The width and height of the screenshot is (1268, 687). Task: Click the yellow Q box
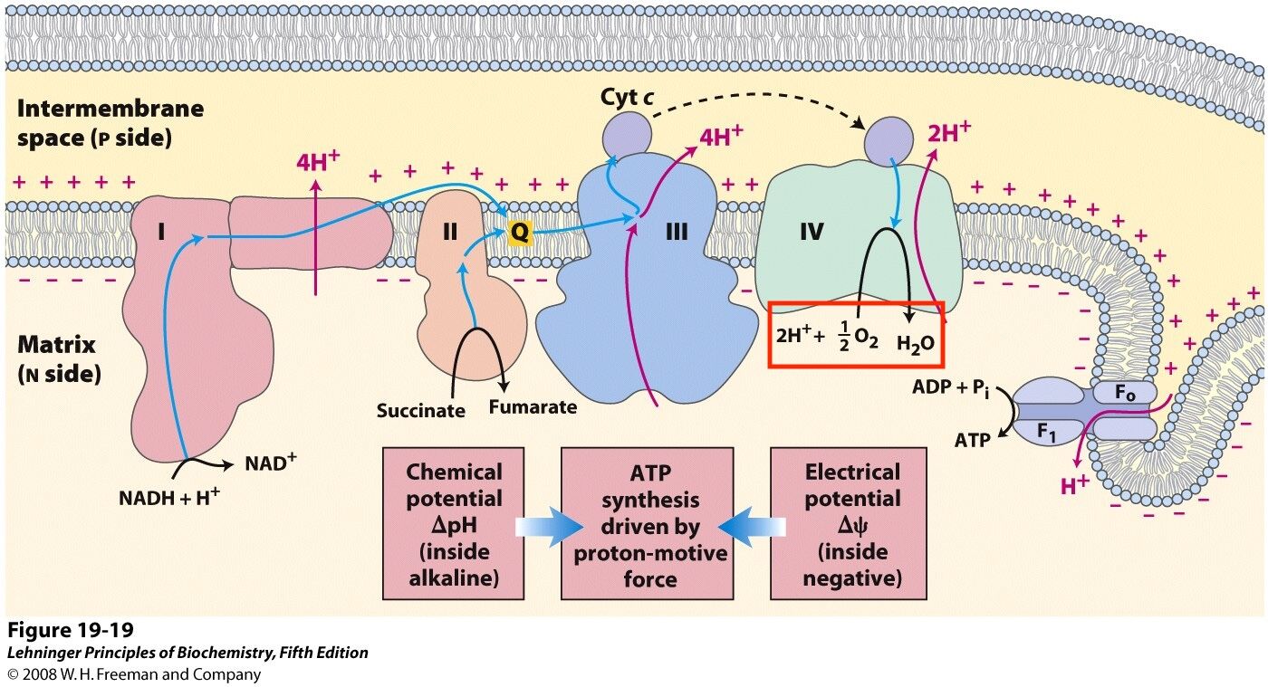tap(520, 231)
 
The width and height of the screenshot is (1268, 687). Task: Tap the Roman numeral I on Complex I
tap(161, 232)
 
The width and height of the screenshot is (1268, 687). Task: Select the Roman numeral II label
tap(450, 232)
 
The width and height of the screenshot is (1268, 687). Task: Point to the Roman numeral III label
tap(677, 232)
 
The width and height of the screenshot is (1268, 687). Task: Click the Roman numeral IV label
tap(812, 232)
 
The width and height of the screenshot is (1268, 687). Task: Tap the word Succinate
tap(420, 410)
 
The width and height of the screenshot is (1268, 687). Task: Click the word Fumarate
tap(533, 407)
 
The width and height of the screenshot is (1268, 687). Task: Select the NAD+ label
tap(271, 462)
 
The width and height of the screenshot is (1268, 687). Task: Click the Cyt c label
tap(627, 98)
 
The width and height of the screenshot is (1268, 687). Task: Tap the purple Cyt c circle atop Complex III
tap(626, 136)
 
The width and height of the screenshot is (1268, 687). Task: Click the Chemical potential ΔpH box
tap(454, 523)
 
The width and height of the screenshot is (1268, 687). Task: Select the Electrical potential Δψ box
tap(849, 523)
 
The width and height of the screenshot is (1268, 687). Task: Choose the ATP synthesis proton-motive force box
tap(647, 523)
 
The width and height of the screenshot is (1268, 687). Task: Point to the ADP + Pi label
tap(951, 389)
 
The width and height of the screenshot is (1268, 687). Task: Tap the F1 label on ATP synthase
tap(1046, 433)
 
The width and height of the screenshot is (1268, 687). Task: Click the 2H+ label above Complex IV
tap(949, 132)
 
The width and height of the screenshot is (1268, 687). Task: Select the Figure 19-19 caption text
tap(71, 630)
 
